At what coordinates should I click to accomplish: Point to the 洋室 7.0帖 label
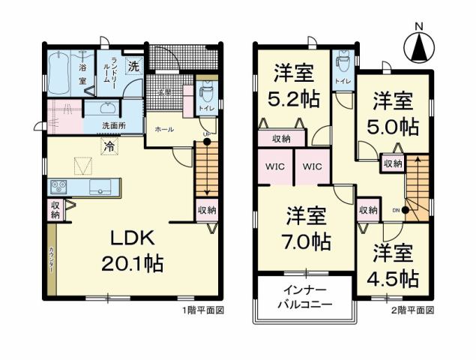pyautogui.click(x=307, y=229)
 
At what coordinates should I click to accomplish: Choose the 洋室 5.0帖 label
pyautogui.click(x=392, y=112)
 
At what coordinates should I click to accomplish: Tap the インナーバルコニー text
pyautogui.click(x=304, y=297)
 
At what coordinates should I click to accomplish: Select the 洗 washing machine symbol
pyautogui.click(x=133, y=65)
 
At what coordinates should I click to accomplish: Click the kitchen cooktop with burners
pyautogui.click(x=59, y=187)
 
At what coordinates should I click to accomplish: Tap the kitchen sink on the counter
pyautogui.click(x=100, y=186)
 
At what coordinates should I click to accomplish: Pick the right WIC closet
pyautogui.click(x=312, y=167)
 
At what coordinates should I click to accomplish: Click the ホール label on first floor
pyautogui.click(x=163, y=129)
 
